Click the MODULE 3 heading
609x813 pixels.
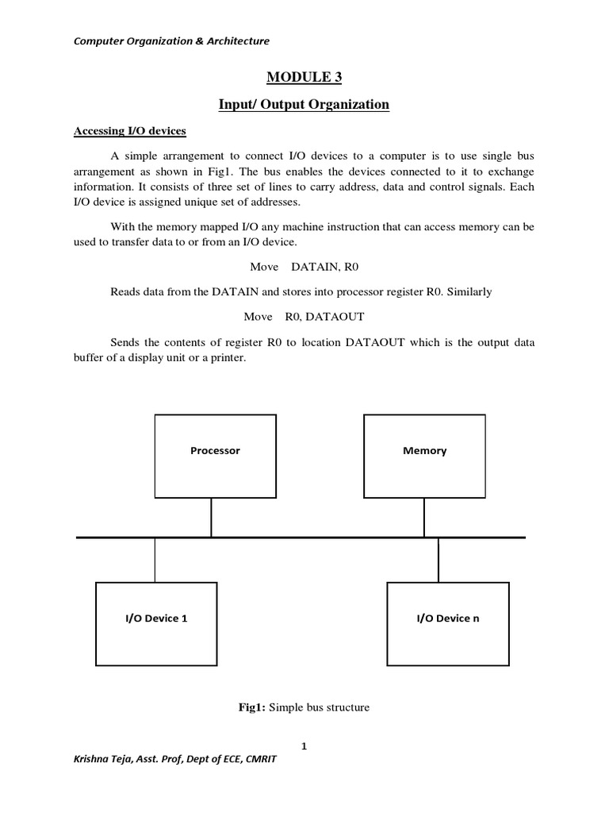click(304, 77)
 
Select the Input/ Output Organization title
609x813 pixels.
click(304, 105)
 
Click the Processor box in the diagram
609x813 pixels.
click(214, 456)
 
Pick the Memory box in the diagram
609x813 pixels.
click(424, 456)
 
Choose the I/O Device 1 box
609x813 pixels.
click(156, 617)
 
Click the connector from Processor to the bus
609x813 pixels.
click(211, 517)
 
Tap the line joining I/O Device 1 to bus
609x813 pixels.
click(155, 560)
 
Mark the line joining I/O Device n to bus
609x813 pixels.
click(438, 560)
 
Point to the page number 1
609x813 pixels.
click(304, 746)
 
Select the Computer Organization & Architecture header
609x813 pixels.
click(172, 40)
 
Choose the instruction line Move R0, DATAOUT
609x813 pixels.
click(304, 317)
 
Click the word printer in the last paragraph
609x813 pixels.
click(228, 358)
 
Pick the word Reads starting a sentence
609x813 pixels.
click(125, 291)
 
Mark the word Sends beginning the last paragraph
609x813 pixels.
click(125, 343)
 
